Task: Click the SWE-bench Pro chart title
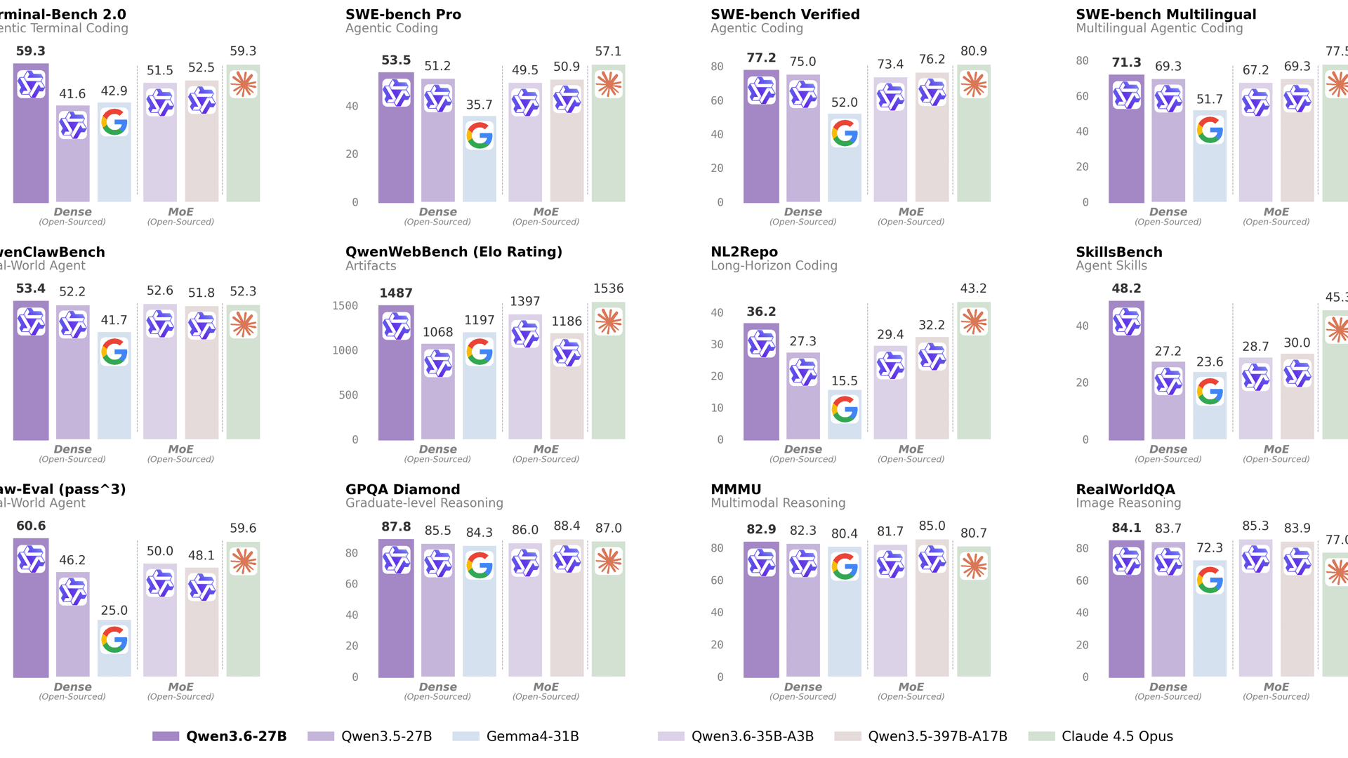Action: [x=403, y=14]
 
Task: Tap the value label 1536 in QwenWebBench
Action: [x=608, y=288]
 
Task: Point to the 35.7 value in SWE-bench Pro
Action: [x=479, y=105]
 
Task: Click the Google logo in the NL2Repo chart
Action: [x=845, y=408]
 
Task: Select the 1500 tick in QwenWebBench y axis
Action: [x=345, y=305]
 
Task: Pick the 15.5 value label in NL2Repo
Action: [x=844, y=381]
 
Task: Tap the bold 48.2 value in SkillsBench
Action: [x=1126, y=288]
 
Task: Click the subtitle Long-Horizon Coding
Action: [x=774, y=265]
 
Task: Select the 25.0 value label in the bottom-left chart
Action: [x=114, y=610]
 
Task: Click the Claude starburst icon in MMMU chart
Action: [x=974, y=566]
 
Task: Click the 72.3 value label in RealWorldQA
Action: [x=1209, y=547]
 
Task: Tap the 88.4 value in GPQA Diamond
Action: [x=567, y=526]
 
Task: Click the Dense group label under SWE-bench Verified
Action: [x=802, y=212]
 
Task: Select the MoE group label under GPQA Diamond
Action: [x=546, y=687]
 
